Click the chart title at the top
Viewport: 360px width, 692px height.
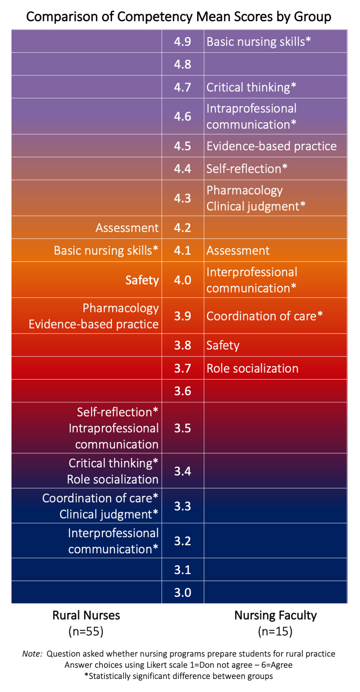[x=178, y=17]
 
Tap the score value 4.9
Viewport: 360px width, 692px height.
[x=182, y=42]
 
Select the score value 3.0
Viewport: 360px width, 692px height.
[x=182, y=592]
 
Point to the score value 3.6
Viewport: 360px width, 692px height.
[x=182, y=391]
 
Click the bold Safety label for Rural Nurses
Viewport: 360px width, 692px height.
[x=142, y=280]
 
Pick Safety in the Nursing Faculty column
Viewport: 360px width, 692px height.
[x=223, y=345]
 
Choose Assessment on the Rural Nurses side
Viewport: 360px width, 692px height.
[x=127, y=228]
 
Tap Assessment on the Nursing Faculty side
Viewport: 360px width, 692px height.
[x=238, y=251]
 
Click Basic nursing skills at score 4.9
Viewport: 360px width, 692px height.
[x=258, y=42]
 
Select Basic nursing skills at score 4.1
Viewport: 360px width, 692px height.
[x=106, y=251]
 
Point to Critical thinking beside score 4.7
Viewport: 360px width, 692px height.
[x=251, y=87]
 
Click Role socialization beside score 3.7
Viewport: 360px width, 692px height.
[x=252, y=368]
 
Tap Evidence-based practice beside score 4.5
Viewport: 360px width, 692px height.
[x=271, y=146]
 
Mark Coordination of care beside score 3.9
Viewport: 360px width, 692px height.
[x=264, y=316]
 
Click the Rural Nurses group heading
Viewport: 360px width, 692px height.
[x=86, y=615]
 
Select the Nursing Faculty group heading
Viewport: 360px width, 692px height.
[x=275, y=615]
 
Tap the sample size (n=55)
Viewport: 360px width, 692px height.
[x=86, y=631]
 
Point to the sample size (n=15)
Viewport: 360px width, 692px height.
[x=275, y=631]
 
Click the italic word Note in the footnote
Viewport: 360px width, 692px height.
[x=32, y=654]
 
